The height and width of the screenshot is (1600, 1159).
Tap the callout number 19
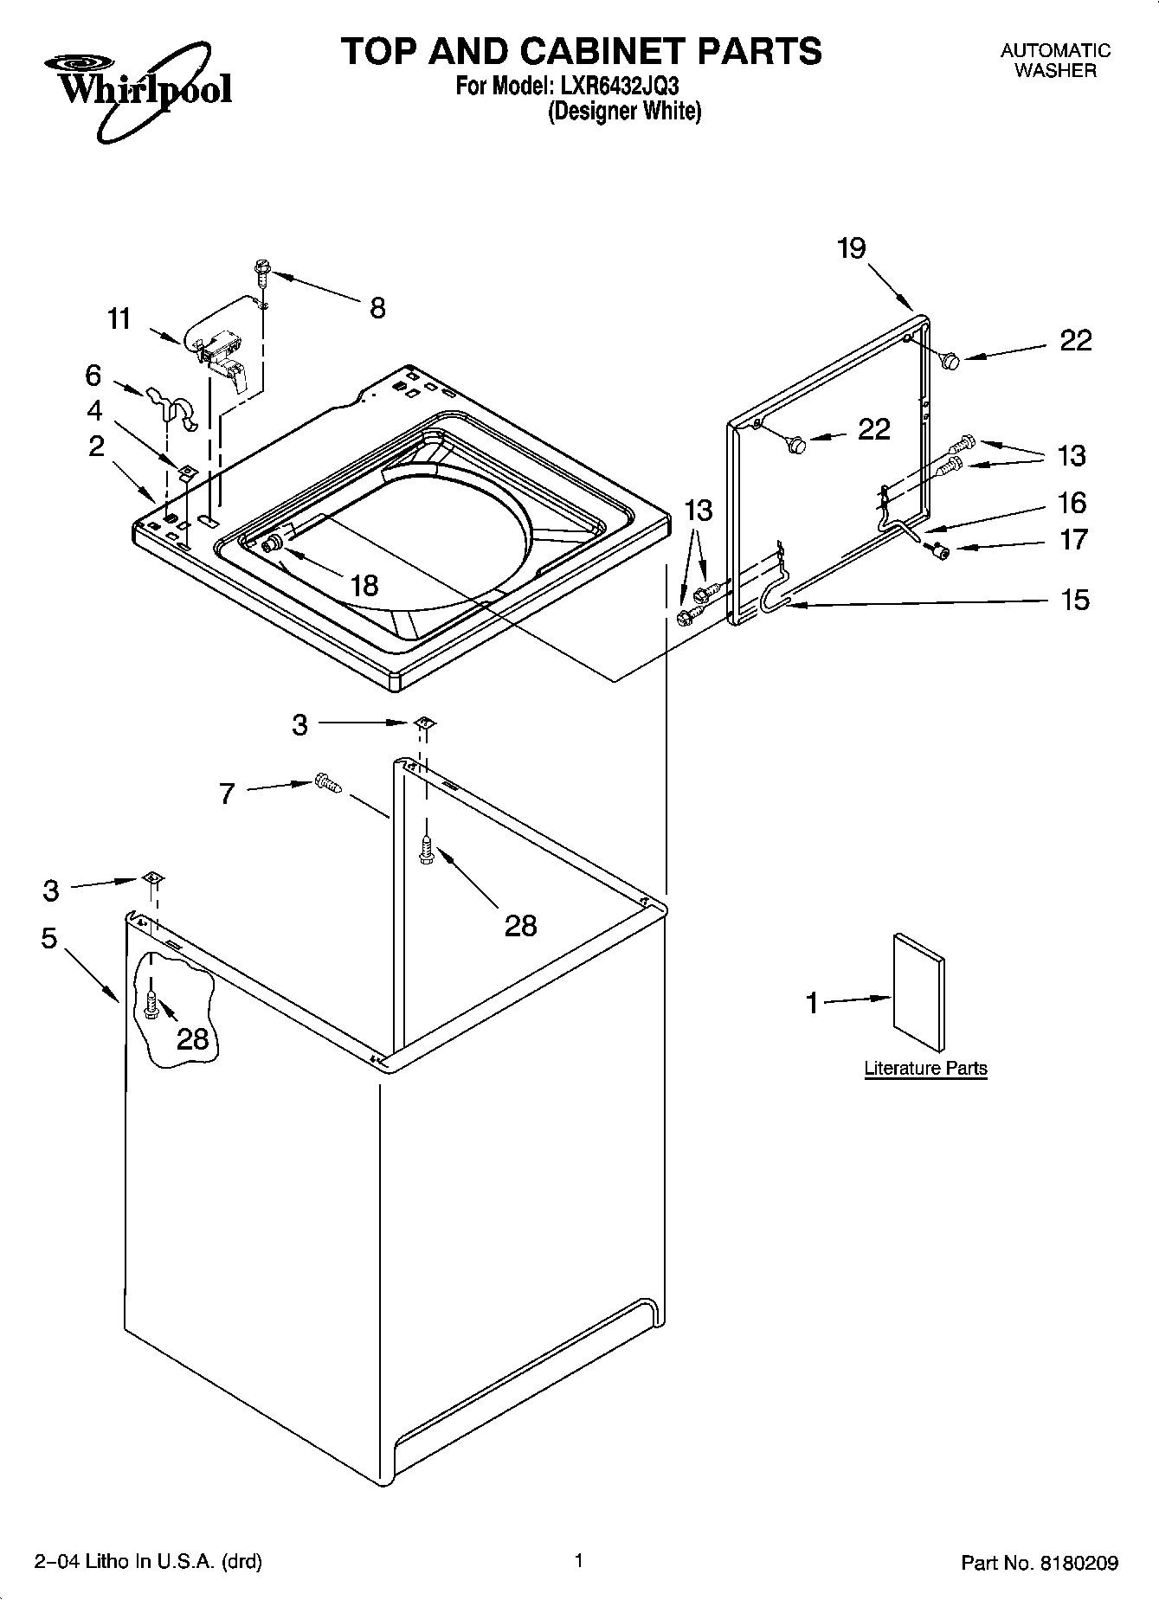click(852, 249)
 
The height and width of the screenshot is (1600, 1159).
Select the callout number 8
click(377, 308)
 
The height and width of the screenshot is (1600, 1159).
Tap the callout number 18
click(364, 586)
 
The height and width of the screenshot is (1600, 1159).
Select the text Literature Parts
click(925, 1068)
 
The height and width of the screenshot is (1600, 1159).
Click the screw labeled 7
click(329, 782)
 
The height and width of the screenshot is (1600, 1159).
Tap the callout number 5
click(48, 938)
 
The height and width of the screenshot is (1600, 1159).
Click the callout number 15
click(1074, 600)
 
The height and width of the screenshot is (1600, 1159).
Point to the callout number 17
click(1073, 540)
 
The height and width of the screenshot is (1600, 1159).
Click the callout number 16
click(1072, 502)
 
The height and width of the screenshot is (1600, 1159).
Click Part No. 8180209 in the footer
click(1040, 1563)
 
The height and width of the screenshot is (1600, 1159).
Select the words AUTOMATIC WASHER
click(1055, 61)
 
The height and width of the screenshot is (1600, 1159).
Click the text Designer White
click(624, 112)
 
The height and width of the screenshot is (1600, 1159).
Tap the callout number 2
click(96, 446)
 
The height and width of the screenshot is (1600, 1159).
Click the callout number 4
click(94, 409)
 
